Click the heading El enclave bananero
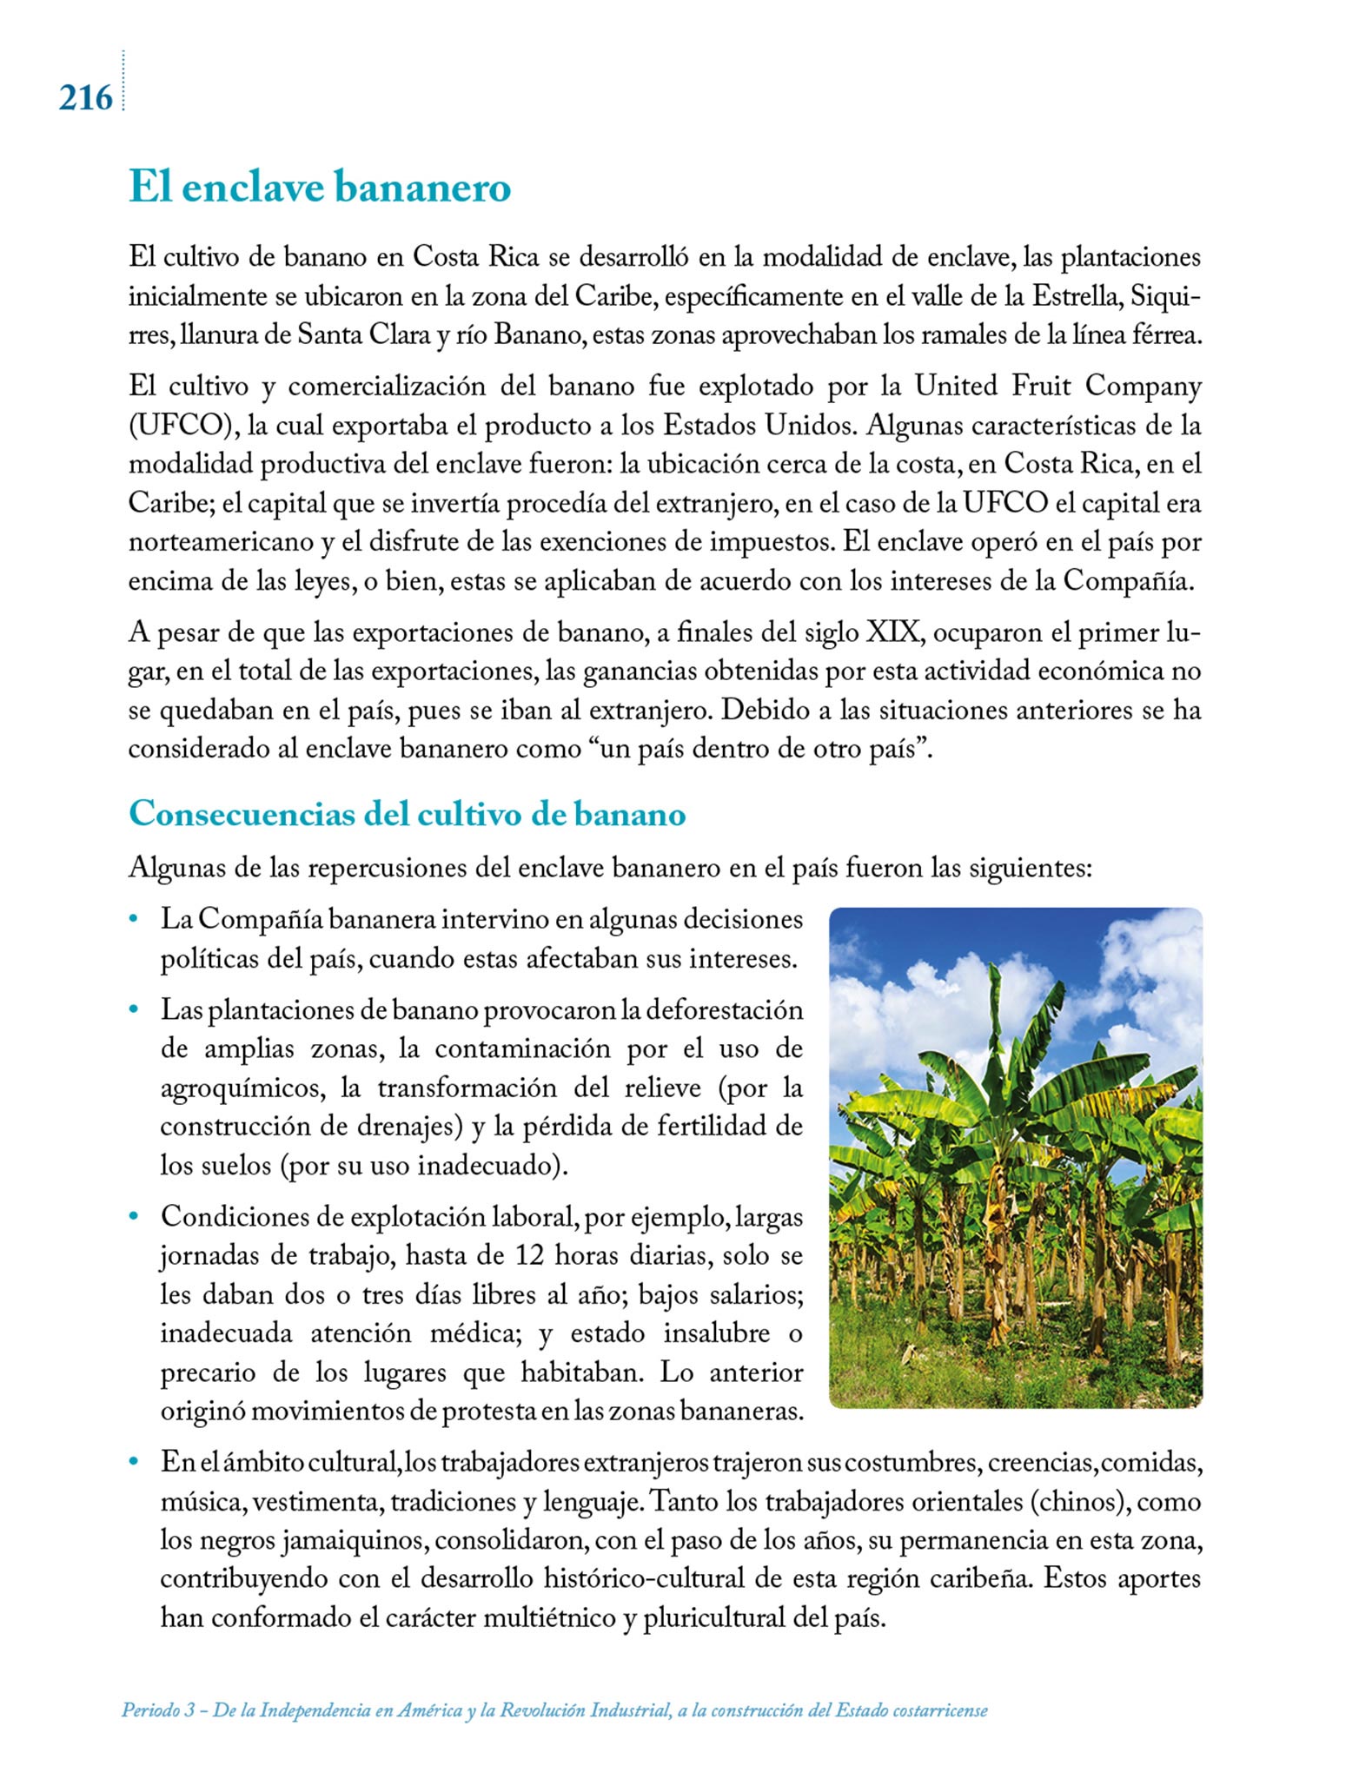pos(320,188)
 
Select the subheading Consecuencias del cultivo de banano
pos(407,815)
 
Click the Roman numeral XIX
pos(894,632)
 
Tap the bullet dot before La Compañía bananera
pos(134,919)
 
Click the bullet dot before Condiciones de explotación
pos(134,1217)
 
